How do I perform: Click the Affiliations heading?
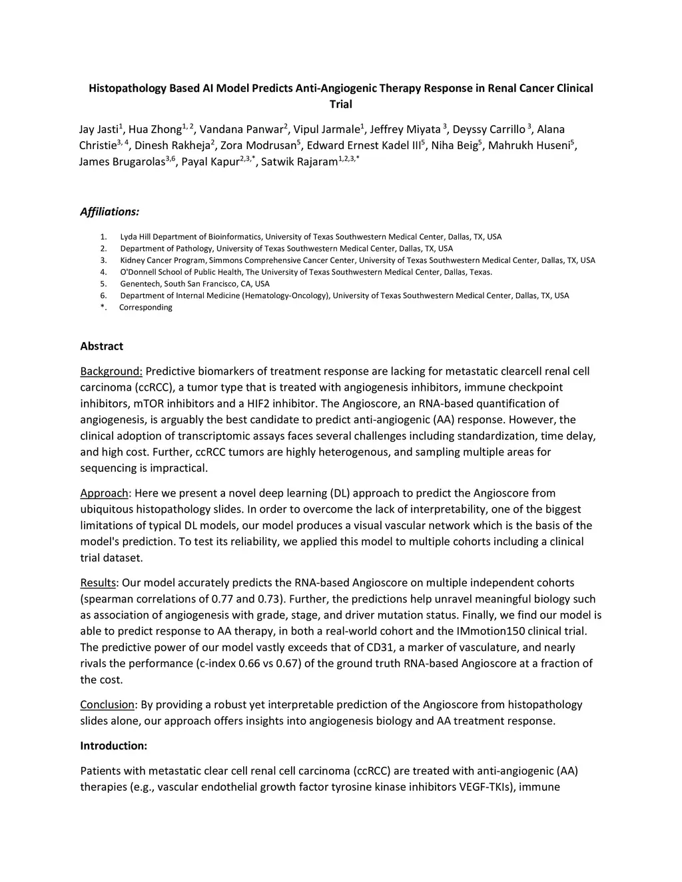tap(110, 212)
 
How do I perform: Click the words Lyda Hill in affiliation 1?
tap(135, 237)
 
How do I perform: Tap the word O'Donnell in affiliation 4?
tap(138, 272)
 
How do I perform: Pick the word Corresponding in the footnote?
tap(146, 308)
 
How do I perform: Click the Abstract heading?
tap(102, 346)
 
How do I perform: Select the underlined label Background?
tap(111, 371)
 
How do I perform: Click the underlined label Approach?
tap(104, 493)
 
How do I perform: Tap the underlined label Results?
tap(98, 583)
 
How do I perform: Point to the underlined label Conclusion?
tap(107, 705)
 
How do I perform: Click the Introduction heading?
tap(113, 746)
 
